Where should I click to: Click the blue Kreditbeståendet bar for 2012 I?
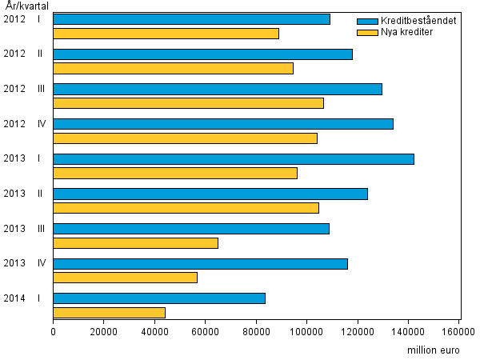(x=191, y=18)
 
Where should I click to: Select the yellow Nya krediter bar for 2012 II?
(x=173, y=68)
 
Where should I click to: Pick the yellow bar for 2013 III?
(x=135, y=243)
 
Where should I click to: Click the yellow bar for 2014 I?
(x=109, y=313)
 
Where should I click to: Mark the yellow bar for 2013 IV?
(x=125, y=278)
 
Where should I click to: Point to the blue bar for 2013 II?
(x=210, y=194)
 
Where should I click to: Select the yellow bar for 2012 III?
(x=188, y=103)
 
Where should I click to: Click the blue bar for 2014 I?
(x=159, y=298)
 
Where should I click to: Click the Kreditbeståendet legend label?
(x=418, y=21)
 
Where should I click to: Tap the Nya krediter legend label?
(x=407, y=32)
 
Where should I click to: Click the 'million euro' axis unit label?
(x=434, y=350)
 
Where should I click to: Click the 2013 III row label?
(x=24, y=229)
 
